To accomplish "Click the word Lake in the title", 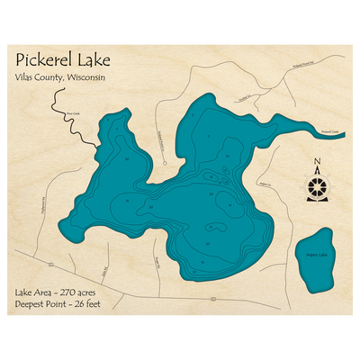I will pyautogui.click(x=95, y=60).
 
